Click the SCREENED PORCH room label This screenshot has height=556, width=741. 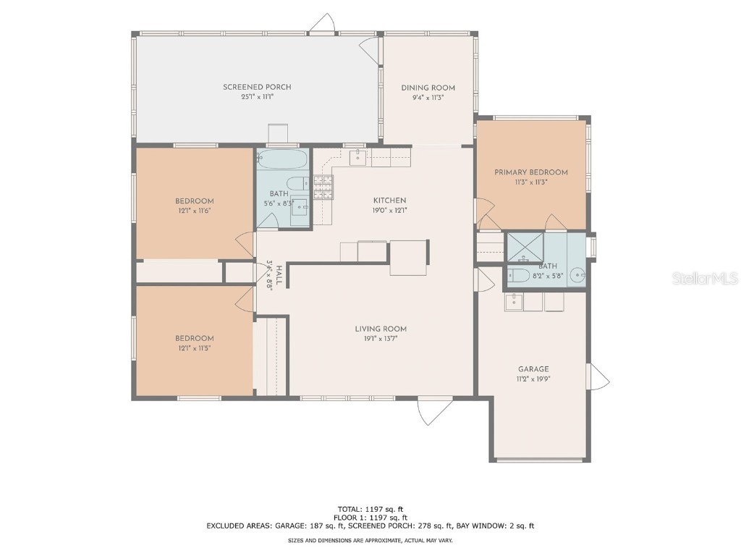coord(257,87)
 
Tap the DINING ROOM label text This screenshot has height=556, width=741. coord(428,88)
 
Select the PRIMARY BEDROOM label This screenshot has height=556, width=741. coord(530,172)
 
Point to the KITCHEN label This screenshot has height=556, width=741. coord(389,201)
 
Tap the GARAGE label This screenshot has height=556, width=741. coord(533,368)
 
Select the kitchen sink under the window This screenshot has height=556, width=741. coord(360,156)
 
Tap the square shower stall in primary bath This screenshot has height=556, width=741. coord(524,248)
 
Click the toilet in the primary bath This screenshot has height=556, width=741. coord(518,275)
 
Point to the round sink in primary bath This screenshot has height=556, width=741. coord(577,275)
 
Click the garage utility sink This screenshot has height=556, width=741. coord(515,302)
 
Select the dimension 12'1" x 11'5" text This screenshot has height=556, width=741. coord(194,348)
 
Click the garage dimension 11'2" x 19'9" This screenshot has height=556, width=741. coord(533,379)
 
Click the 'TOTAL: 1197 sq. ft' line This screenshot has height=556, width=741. coord(370,508)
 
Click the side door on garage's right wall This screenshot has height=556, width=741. coord(599,376)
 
